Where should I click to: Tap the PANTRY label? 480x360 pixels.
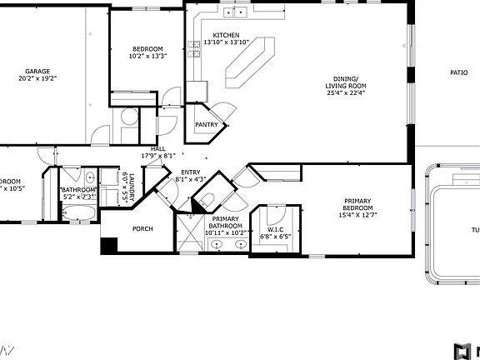pyautogui.click(x=207, y=125)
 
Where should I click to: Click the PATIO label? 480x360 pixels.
pyautogui.click(x=458, y=72)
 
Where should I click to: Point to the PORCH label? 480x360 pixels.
pyautogui.click(x=142, y=228)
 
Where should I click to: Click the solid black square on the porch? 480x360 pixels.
pyautogui.click(x=108, y=247)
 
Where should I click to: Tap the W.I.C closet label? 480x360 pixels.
pyautogui.click(x=277, y=229)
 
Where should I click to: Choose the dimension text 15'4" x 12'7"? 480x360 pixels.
pyautogui.click(x=359, y=215)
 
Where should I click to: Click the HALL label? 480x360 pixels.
pyautogui.click(x=158, y=149)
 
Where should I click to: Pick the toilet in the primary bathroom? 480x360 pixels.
pyautogui.click(x=209, y=198)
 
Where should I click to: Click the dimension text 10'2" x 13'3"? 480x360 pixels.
pyautogui.click(x=147, y=57)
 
